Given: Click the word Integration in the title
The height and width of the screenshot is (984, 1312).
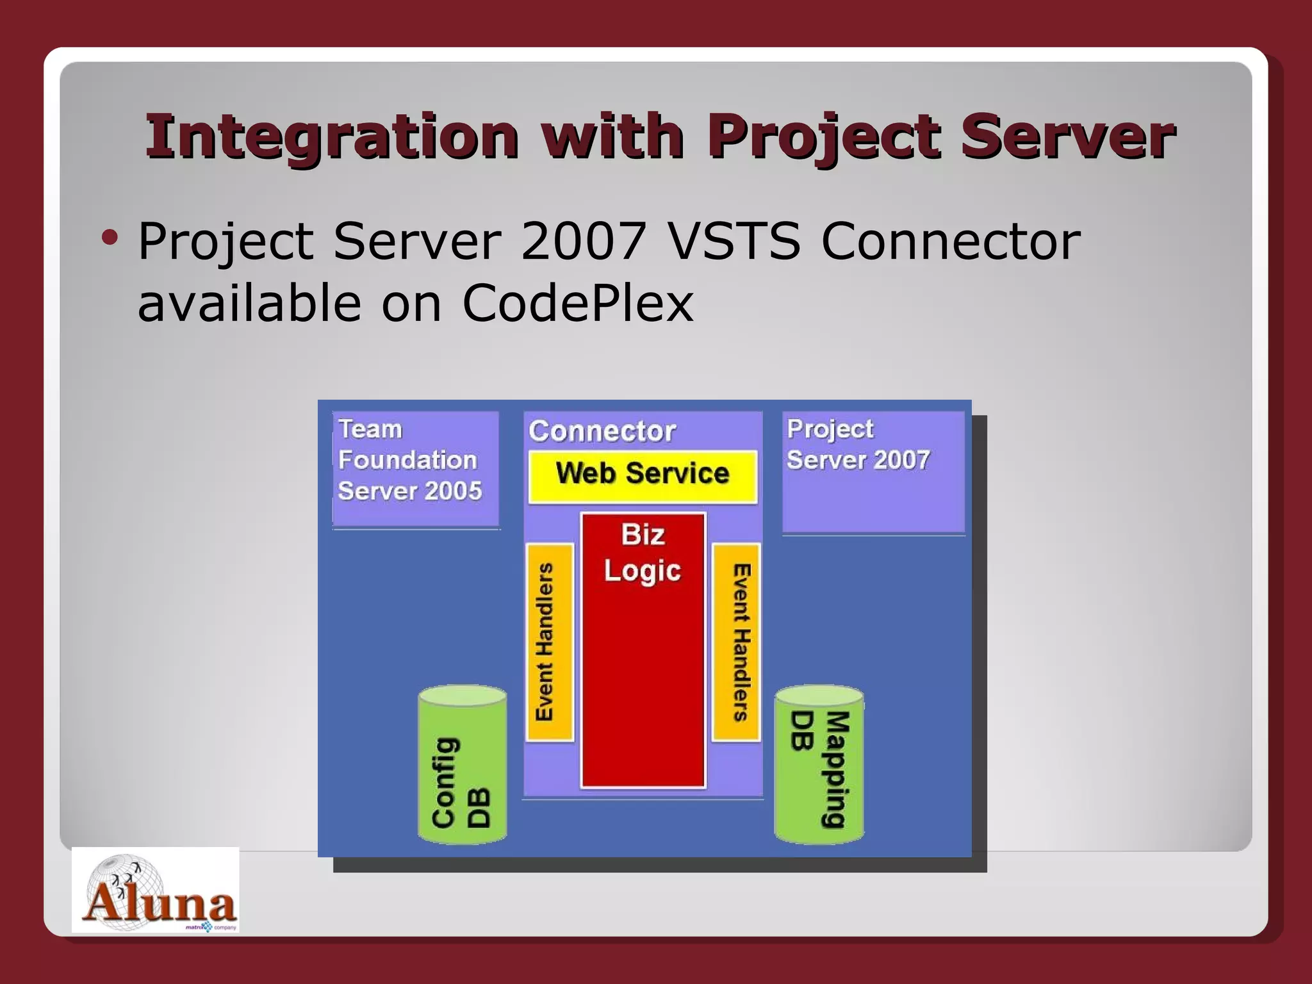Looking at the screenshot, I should (x=332, y=136).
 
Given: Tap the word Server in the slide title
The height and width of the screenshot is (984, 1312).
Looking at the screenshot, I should (x=1067, y=136).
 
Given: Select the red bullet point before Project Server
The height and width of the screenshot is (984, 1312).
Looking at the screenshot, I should (x=110, y=238).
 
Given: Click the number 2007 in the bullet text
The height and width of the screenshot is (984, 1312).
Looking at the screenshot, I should (x=583, y=241).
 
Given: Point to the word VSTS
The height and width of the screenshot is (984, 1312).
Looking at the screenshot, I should (x=734, y=241).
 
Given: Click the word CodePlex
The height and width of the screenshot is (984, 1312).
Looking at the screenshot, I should (x=577, y=303).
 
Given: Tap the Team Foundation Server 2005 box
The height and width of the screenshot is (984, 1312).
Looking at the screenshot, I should (x=415, y=469).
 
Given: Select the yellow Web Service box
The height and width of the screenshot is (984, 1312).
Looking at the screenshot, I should (x=642, y=474).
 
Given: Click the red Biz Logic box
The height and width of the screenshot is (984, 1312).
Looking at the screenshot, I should (x=643, y=650).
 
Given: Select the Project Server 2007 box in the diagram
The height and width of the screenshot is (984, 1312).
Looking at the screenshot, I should (x=873, y=472).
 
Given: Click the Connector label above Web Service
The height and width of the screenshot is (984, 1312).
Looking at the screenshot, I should (x=602, y=431).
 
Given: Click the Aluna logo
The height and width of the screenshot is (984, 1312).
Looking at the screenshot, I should (x=156, y=891).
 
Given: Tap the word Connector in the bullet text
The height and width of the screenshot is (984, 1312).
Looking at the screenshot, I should (x=950, y=241).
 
